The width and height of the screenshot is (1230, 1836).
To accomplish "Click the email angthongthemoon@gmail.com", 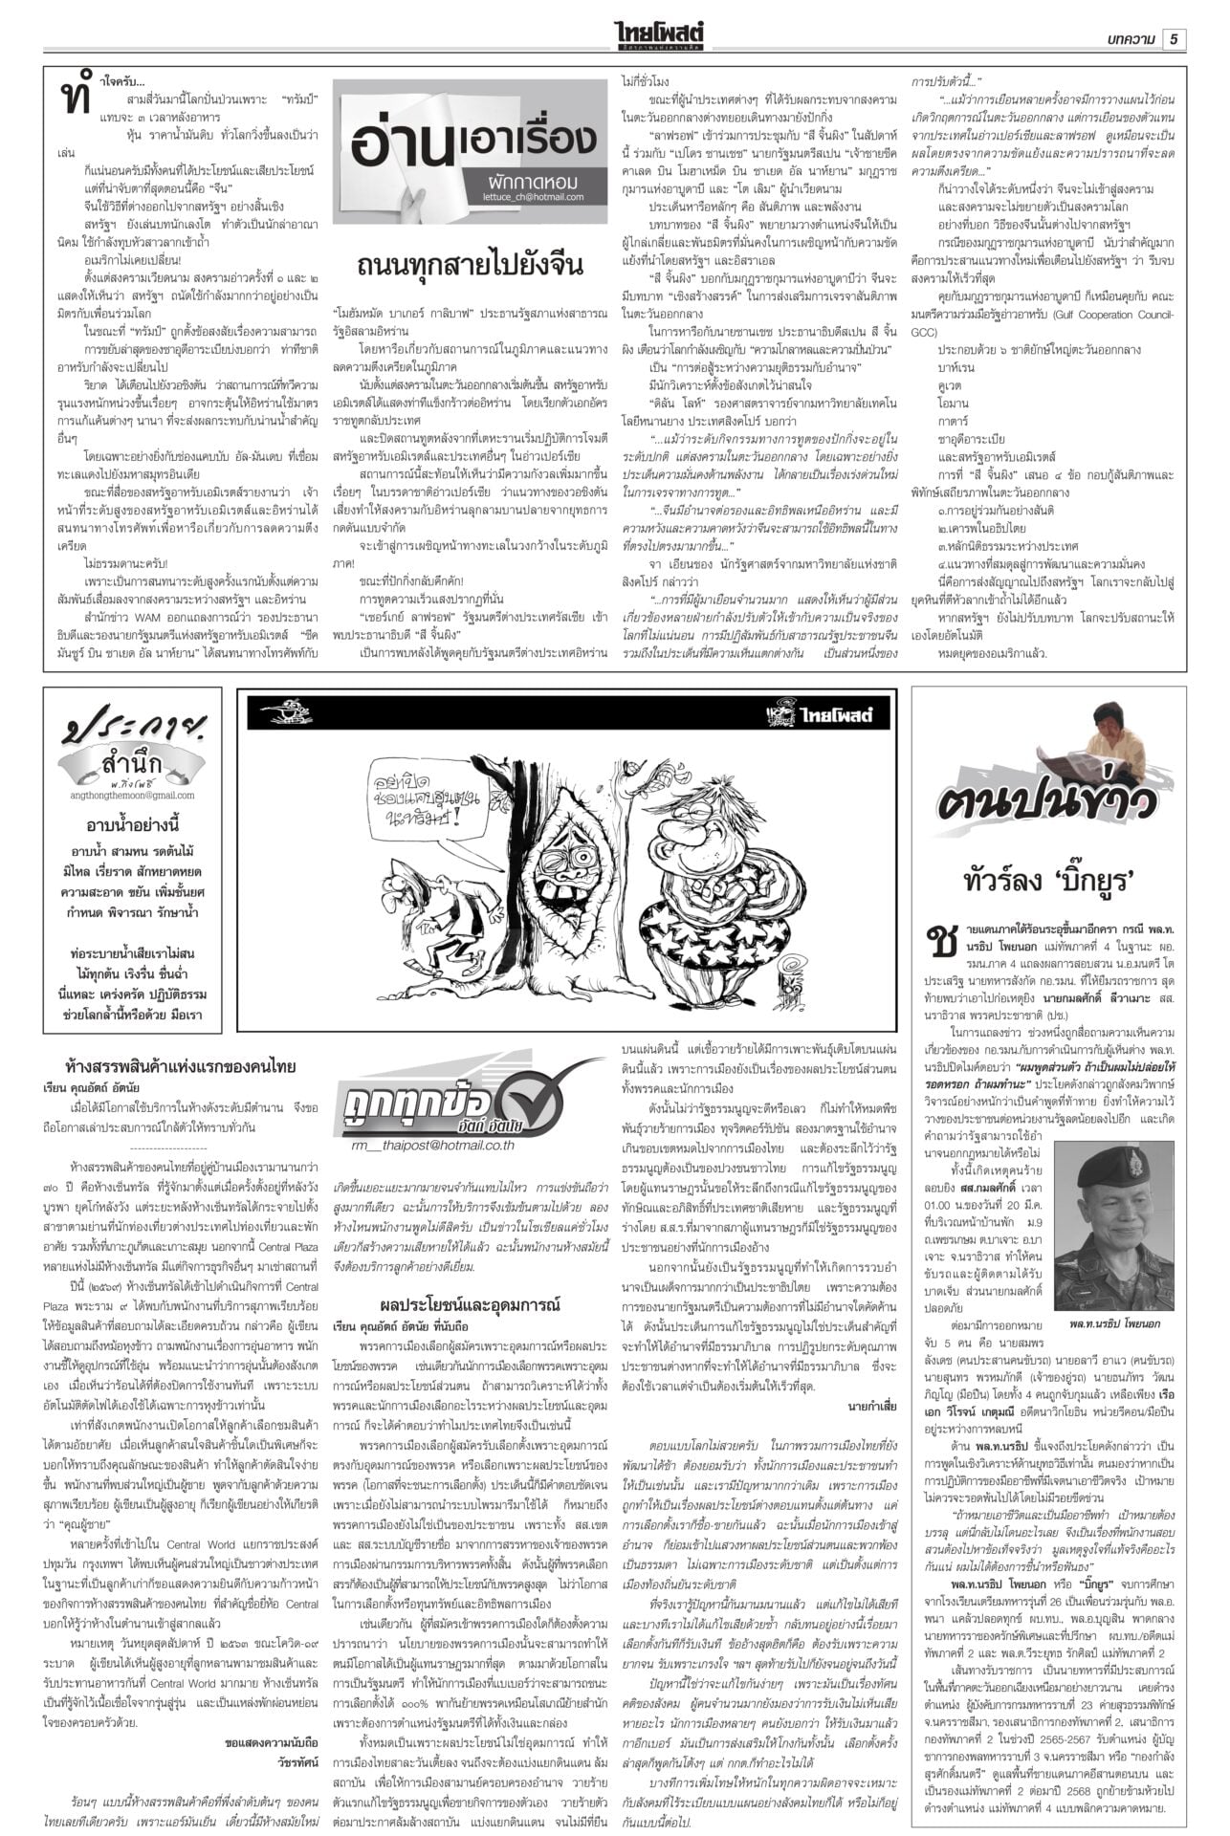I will coord(131,795).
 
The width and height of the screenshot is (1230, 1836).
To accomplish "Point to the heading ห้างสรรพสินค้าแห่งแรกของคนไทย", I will coord(181,1067).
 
